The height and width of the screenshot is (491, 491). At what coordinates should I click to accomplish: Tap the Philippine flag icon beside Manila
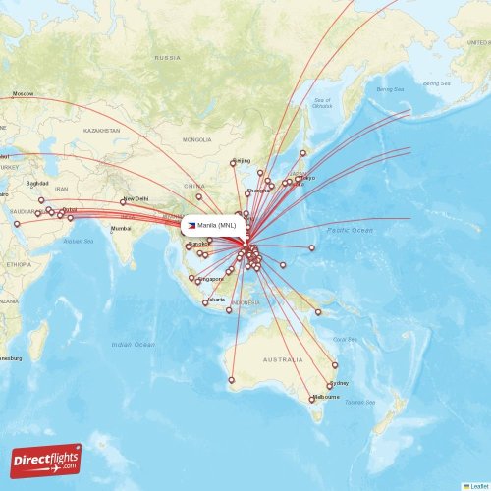point(191,225)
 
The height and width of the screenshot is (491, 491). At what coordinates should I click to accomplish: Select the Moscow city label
point(22,93)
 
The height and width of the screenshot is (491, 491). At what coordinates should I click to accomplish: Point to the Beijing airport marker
point(233,163)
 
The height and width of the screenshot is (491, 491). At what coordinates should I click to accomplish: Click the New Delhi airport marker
point(123,202)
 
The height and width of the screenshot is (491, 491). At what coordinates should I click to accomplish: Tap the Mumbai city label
point(121,228)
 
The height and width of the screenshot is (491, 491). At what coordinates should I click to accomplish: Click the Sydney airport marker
point(329,386)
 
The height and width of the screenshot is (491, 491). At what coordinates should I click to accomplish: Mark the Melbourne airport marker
point(312,398)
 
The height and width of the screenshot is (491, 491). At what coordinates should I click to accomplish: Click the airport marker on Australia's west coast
point(232,380)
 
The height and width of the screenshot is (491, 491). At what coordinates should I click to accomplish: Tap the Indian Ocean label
point(133,345)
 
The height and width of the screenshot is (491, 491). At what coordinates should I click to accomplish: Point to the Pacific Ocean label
point(350,230)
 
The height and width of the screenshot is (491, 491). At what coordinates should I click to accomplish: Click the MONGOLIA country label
point(197,139)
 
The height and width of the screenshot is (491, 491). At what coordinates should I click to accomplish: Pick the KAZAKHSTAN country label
point(101,130)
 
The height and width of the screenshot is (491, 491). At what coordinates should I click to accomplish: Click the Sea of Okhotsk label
point(322,103)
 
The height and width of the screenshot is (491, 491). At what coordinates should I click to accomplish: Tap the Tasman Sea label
point(359,403)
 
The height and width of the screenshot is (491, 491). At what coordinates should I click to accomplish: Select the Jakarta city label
point(216,299)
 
